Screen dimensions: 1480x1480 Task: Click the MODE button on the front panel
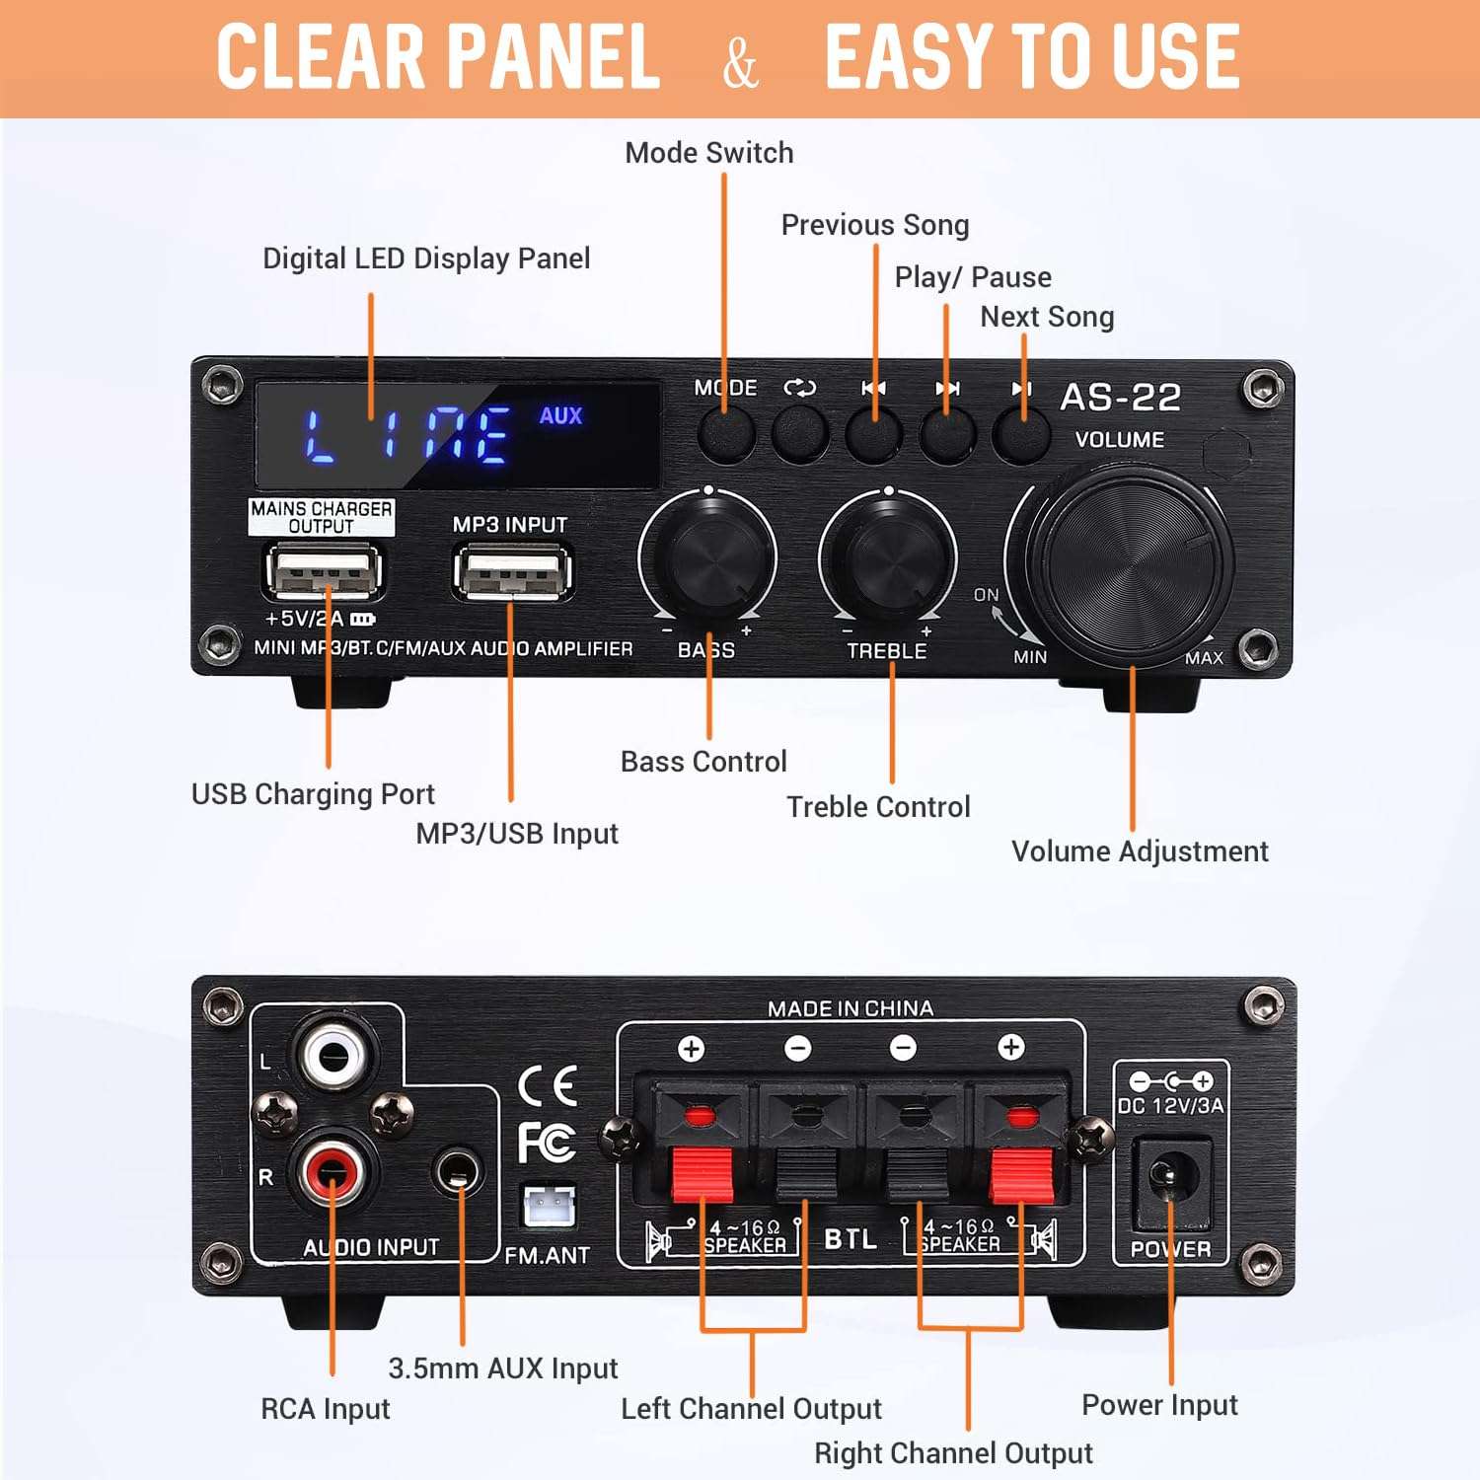click(x=726, y=434)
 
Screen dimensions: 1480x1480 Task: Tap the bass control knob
click(x=708, y=554)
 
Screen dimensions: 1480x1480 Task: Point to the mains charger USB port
click(x=323, y=571)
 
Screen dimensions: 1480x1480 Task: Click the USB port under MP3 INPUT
click(x=512, y=571)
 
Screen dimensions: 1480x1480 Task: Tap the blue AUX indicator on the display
click(x=560, y=415)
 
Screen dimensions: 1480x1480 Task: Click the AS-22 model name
click(x=1120, y=397)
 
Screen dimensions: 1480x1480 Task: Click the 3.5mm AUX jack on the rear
click(x=458, y=1172)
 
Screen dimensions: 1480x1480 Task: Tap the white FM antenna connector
click(x=548, y=1205)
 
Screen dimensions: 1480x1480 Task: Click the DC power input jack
click(x=1170, y=1178)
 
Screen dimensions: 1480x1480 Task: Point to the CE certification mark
click(x=548, y=1085)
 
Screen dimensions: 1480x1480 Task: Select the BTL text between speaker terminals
click(x=850, y=1238)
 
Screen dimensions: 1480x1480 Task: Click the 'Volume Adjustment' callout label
click(x=1140, y=851)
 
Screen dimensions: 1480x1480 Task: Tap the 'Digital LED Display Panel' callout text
click(x=426, y=259)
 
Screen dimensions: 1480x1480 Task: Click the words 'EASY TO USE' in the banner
click(x=1031, y=56)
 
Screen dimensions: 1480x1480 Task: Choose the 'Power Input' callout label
click(x=1159, y=1404)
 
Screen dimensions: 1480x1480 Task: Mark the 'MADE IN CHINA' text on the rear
click(x=850, y=1008)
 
